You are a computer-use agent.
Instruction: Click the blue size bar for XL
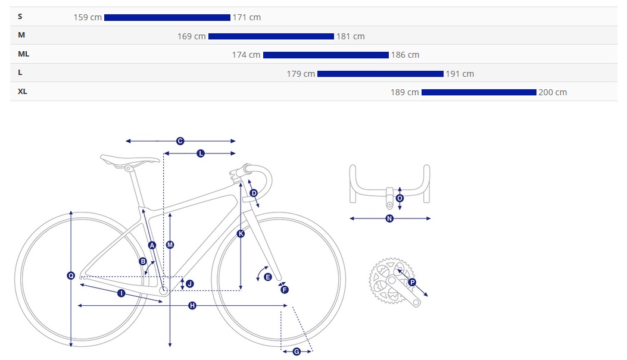pos(479,92)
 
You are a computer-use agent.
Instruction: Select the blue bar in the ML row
pos(326,55)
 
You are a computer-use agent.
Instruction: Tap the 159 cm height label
pos(88,18)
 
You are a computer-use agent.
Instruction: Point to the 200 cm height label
pos(553,92)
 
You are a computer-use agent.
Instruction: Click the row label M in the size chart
pos(21,35)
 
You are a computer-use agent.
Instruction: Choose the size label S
pos(20,17)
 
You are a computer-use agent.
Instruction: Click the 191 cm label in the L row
pos(460,74)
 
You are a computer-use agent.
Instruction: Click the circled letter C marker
pos(180,141)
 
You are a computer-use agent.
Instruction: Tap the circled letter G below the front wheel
pos(297,352)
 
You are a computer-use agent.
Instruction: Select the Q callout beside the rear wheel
pos(71,276)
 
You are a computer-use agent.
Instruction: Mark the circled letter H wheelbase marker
pos(192,306)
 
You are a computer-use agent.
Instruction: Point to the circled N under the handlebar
pos(389,218)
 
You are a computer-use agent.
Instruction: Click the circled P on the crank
pos(412,283)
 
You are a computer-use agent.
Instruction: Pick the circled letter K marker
pos(241,234)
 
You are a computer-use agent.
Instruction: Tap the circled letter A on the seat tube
pos(152,245)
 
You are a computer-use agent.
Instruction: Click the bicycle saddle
pos(130,161)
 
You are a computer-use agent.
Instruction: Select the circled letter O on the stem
pos(400,198)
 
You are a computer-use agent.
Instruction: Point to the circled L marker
pos(201,154)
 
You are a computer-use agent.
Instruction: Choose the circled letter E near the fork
pos(268,277)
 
